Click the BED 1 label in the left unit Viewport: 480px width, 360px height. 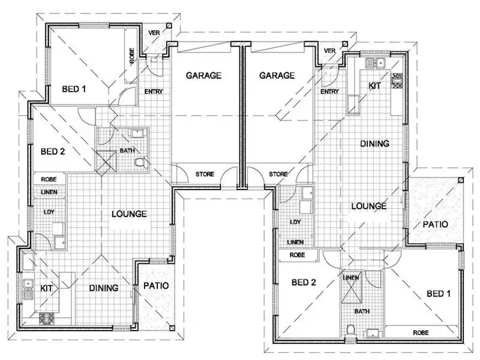click(74, 89)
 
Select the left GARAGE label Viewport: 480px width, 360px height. click(204, 75)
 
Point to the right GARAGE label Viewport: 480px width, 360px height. click(276, 75)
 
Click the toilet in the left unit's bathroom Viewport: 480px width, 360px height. click(142, 164)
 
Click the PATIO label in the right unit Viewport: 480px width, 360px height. click(435, 225)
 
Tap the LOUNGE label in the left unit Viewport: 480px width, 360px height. click(129, 214)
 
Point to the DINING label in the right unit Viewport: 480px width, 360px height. click(374, 144)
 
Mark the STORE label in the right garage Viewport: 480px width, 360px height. click(278, 173)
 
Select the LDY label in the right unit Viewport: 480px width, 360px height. click(295, 222)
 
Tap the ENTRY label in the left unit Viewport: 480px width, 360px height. click(154, 92)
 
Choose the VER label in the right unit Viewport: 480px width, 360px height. click(330, 51)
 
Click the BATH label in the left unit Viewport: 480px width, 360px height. click(127, 152)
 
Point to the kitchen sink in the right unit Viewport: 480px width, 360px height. click(372, 62)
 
